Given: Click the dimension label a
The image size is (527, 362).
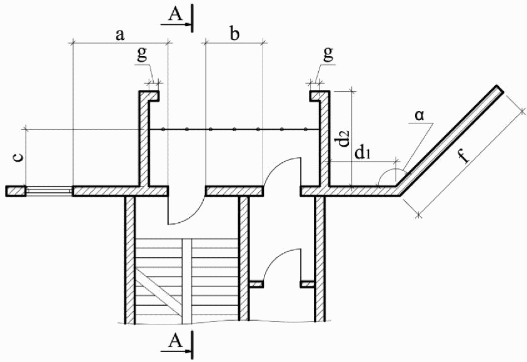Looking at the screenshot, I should coord(119,36).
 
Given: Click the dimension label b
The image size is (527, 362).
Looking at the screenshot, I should coord(234,35).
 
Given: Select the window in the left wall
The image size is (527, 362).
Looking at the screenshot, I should coord(48,190).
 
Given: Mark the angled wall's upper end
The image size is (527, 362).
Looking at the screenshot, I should coord(498,89).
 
